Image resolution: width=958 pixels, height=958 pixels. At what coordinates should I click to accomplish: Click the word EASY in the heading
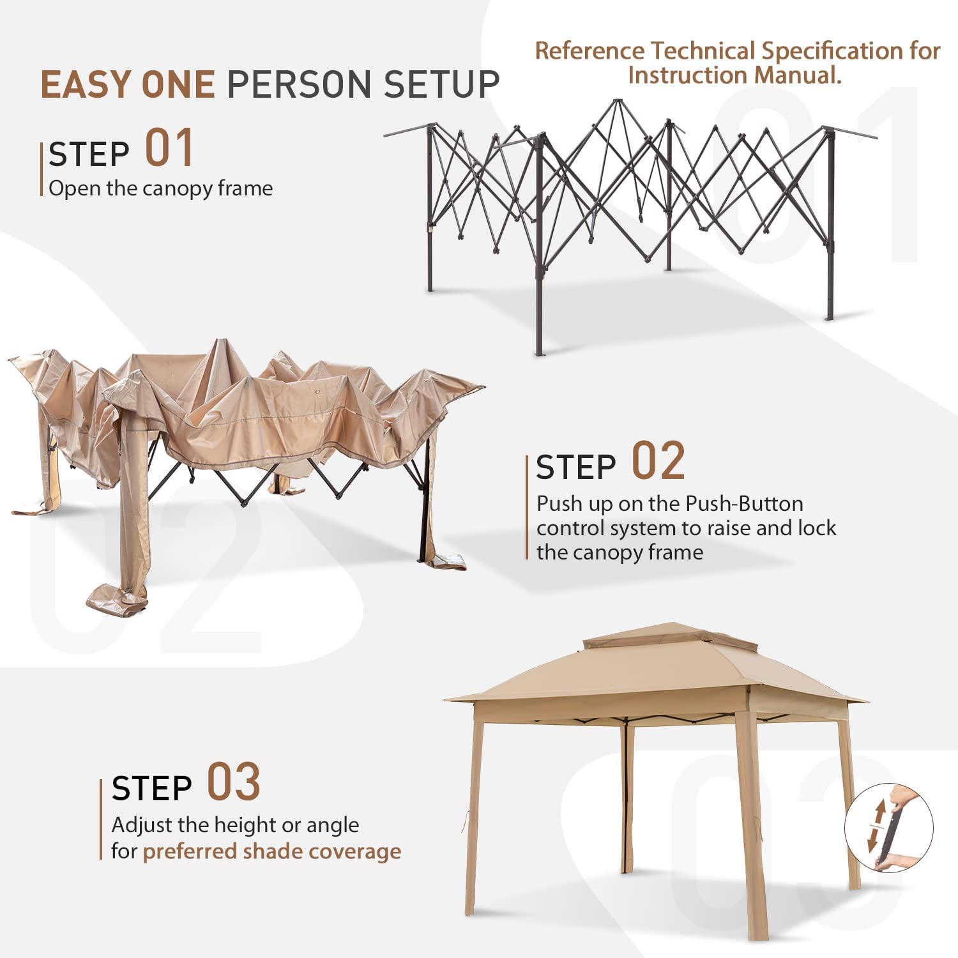click(86, 85)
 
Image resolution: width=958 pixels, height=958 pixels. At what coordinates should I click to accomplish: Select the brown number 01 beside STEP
click(169, 148)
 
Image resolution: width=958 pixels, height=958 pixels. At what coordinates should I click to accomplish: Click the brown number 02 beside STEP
click(658, 460)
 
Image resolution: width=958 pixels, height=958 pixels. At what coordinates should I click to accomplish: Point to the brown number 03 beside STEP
click(234, 782)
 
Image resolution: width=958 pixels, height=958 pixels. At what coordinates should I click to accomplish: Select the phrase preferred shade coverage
click(272, 851)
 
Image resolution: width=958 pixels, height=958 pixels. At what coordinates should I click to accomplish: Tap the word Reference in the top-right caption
click(589, 51)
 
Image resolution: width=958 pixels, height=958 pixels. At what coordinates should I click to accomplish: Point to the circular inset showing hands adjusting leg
click(888, 828)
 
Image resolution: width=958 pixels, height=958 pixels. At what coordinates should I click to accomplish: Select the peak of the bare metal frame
click(617, 100)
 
